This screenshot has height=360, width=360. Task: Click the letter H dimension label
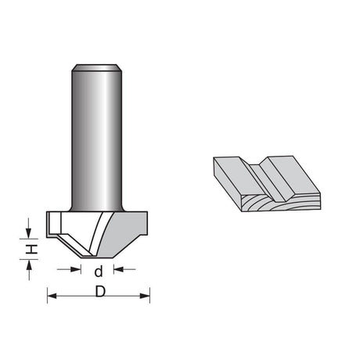point(31,250)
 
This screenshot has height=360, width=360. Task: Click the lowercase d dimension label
point(99,272)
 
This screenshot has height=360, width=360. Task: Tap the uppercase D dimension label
point(100,291)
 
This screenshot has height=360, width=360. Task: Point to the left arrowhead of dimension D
point(52,296)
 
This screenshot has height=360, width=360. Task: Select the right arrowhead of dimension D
point(145,296)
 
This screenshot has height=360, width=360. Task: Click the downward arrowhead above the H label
point(28,233)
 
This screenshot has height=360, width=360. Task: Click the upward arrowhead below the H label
point(29,265)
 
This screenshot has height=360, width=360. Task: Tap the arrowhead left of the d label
point(76,269)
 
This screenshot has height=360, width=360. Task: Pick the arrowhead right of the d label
point(118,269)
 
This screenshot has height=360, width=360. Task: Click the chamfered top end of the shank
point(96,67)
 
